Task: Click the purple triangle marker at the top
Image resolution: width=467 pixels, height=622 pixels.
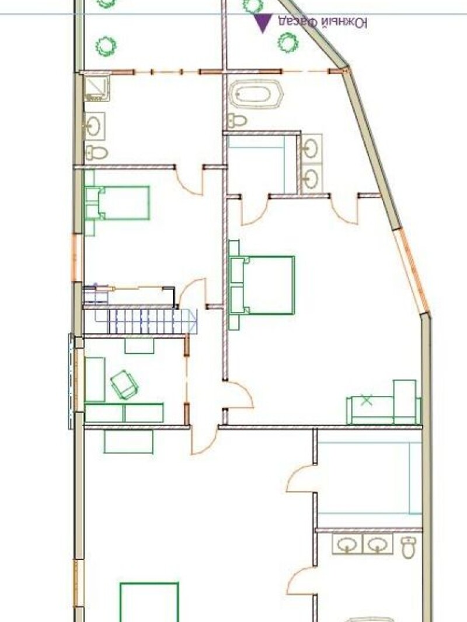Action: [x=263, y=22]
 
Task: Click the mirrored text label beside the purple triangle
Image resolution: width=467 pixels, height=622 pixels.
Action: [x=322, y=23]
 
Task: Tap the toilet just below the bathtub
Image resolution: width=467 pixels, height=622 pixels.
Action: [x=237, y=120]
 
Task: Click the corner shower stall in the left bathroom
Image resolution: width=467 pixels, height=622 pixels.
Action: [x=96, y=89]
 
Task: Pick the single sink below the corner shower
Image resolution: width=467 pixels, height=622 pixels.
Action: [x=95, y=126]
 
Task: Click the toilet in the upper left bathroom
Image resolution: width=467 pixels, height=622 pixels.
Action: [x=96, y=152]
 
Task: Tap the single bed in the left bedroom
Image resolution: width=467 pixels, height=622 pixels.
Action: [x=117, y=203]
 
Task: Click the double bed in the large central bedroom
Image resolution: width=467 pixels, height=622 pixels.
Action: [x=262, y=285]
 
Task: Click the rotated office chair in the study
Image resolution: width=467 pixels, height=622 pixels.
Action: [x=124, y=384]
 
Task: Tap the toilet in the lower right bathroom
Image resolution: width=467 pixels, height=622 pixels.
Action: [x=408, y=547]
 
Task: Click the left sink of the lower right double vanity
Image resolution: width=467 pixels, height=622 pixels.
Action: [x=347, y=544]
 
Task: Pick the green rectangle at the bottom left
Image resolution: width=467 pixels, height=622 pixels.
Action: [x=149, y=602]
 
